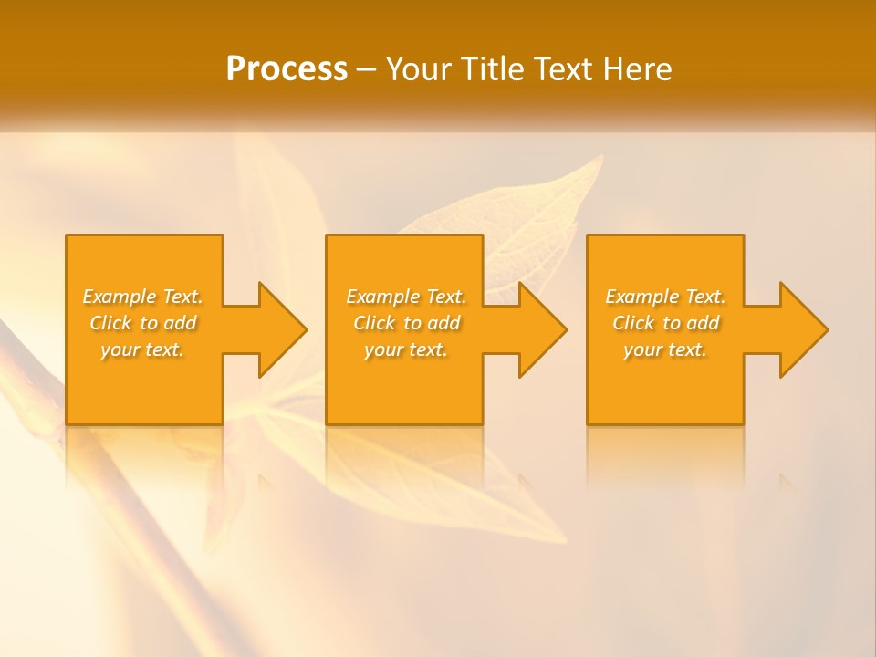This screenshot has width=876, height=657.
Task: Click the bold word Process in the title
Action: coord(287,69)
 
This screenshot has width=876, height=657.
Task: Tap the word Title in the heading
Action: coord(492,69)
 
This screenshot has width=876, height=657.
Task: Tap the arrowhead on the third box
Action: coord(802,329)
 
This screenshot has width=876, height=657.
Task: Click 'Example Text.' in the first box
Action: coord(143,297)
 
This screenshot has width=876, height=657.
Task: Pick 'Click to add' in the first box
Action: coord(143,323)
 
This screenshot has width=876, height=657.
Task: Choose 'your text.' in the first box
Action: coord(143,349)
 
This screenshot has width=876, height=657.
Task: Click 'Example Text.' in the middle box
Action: coord(406,297)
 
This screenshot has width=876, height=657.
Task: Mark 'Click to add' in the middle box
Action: coord(406,323)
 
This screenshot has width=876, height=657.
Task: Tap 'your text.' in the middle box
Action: coord(406,349)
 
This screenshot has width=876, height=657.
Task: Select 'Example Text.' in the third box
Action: coord(665,297)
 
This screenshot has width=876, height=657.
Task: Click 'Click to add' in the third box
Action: coord(665,323)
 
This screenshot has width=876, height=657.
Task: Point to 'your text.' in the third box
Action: coord(665,349)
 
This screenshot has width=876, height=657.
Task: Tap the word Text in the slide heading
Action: coord(565,69)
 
